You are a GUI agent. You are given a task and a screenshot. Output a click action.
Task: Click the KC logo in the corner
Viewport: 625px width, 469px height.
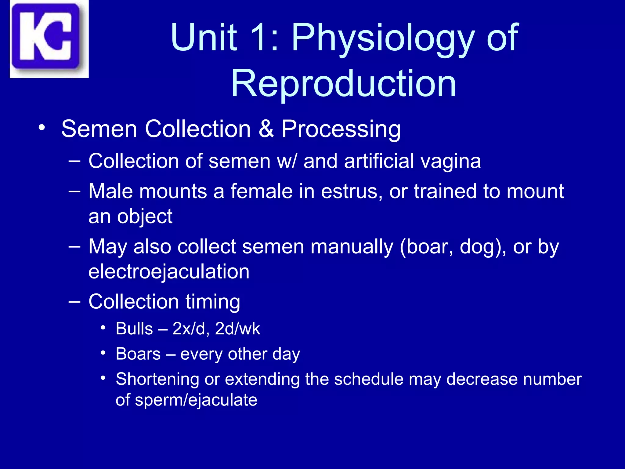(49, 39)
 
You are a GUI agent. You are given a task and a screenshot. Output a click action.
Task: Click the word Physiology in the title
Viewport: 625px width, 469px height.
(383, 38)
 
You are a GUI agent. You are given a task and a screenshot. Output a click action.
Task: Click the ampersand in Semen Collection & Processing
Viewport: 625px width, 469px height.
(266, 129)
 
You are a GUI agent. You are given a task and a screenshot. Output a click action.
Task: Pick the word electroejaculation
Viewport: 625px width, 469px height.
(169, 272)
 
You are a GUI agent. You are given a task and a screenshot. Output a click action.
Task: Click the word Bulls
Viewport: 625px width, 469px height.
(134, 329)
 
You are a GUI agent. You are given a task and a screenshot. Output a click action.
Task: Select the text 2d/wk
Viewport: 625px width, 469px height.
(237, 329)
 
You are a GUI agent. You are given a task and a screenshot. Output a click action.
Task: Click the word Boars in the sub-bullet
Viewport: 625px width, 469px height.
(138, 354)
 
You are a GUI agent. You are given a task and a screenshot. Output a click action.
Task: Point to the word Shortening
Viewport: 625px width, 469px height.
(157, 380)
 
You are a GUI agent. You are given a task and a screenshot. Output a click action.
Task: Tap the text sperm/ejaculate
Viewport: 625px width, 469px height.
(196, 400)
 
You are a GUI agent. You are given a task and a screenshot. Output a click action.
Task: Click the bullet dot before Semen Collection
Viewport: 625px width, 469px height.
(42, 127)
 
